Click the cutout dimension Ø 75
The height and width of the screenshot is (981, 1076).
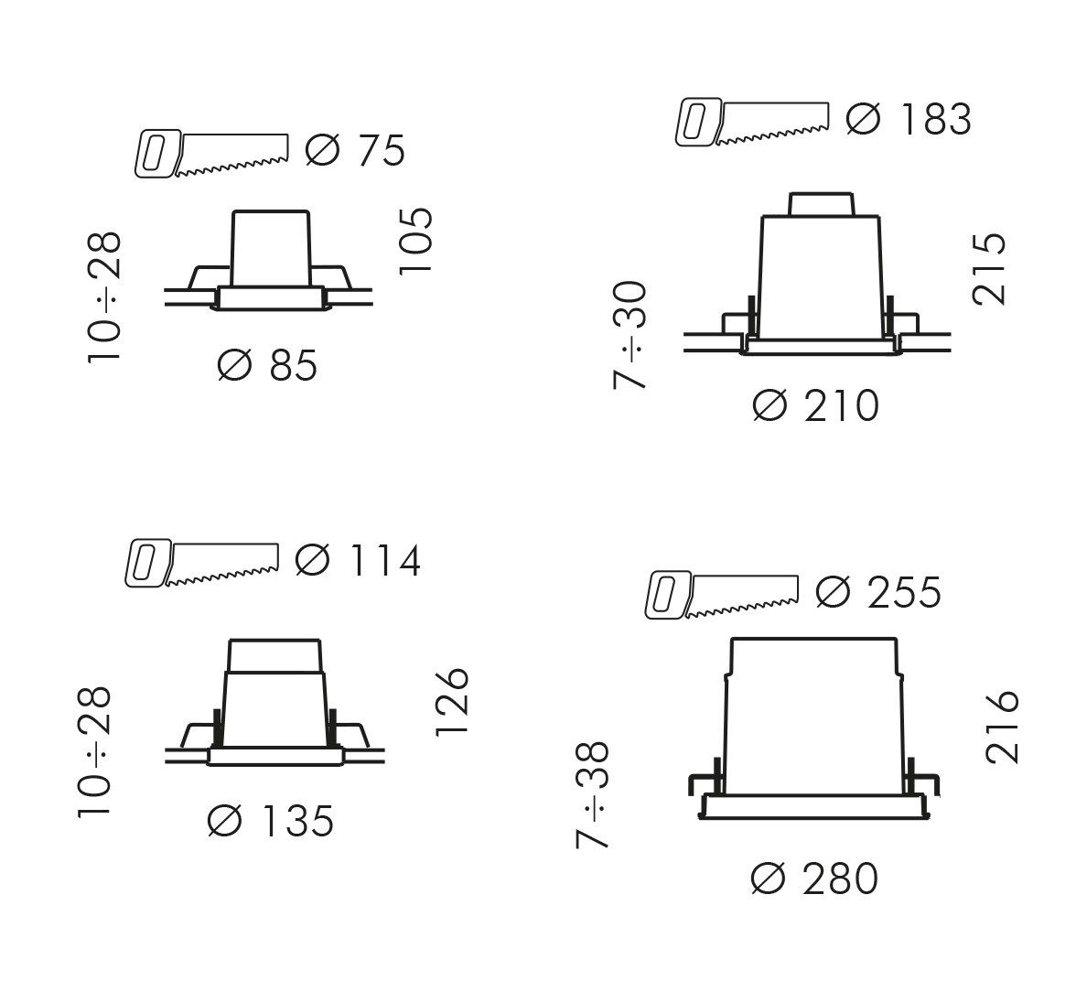355,150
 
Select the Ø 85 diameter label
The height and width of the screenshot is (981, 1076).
267,364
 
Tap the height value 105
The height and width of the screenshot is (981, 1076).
415,241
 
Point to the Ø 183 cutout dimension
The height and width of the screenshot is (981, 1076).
909,119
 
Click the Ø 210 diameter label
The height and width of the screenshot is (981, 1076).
815,405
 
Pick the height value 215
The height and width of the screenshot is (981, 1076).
989,268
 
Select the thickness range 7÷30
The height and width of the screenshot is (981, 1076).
629,335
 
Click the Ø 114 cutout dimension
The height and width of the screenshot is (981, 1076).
358,560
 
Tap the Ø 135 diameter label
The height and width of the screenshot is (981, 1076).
271,820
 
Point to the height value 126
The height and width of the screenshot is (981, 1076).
452,701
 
